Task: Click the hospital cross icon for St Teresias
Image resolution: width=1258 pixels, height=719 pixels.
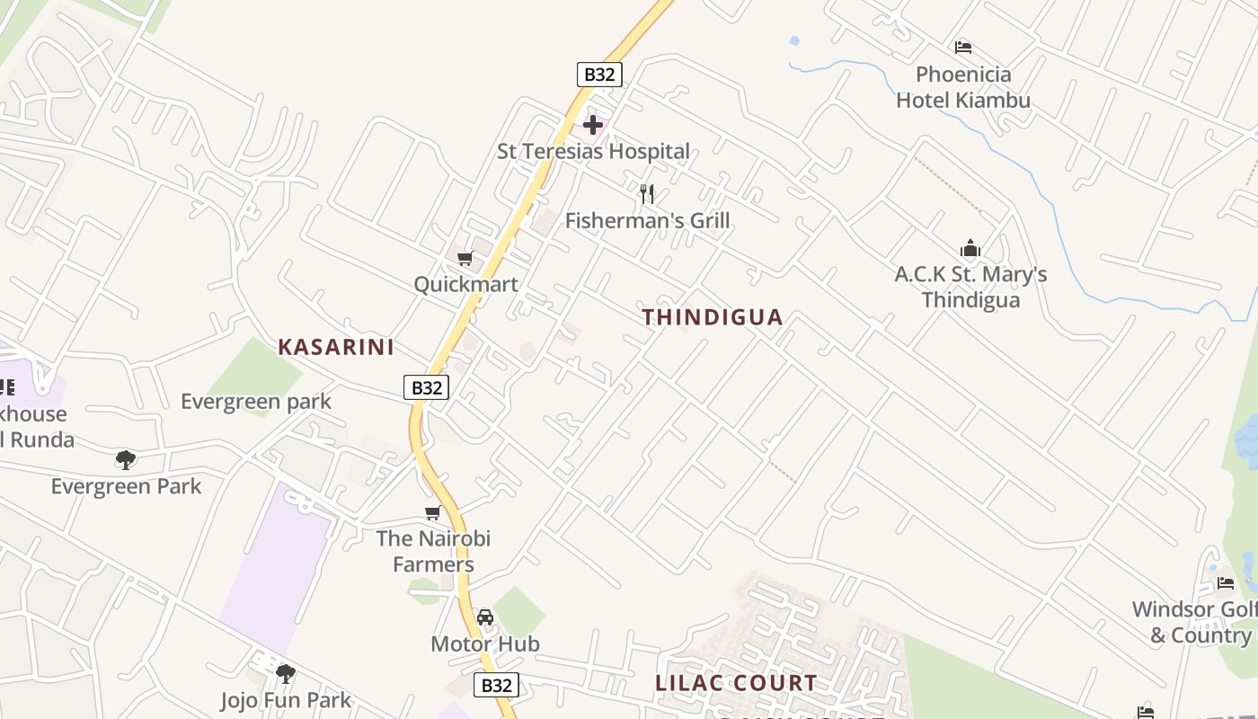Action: pyautogui.click(x=593, y=125)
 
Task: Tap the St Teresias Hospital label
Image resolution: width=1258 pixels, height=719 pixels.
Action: pyautogui.click(x=593, y=151)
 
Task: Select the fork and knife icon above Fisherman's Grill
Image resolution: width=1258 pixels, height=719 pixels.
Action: pyautogui.click(x=646, y=193)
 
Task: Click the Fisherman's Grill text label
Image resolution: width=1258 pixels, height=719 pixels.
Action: pyautogui.click(x=647, y=220)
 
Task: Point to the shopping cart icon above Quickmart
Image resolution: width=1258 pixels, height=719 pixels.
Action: pyautogui.click(x=465, y=259)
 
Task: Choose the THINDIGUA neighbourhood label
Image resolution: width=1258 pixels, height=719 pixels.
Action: pyautogui.click(x=713, y=317)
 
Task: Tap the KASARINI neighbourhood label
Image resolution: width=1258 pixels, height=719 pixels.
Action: pyautogui.click(x=336, y=348)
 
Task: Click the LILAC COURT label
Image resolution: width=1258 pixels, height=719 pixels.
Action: pyautogui.click(x=736, y=683)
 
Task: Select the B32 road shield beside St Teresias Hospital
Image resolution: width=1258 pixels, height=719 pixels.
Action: pyautogui.click(x=599, y=75)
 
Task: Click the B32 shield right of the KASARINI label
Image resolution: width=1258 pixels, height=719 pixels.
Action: pyautogui.click(x=426, y=387)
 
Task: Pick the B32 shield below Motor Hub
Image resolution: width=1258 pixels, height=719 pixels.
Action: pyautogui.click(x=497, y=685)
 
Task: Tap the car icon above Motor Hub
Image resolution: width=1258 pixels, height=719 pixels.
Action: pyautogui.click(x=485, y=617)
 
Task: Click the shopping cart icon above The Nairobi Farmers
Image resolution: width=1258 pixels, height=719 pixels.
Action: pyautogui.click(x=433, y=513)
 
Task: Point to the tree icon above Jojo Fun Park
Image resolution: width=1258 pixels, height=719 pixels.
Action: pyautogui.click(x=286, y=673)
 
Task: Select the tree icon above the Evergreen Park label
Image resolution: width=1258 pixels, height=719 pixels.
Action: pyautogui.click(x=126, y=460)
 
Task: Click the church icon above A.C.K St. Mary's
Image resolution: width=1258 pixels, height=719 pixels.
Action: pyautogui.click(x=970, y=249)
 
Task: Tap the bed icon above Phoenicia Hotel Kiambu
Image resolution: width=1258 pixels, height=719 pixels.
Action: pyautogui.click(x=963, y=48)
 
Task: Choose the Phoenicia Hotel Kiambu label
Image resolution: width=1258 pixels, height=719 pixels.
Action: pyautogui.click(x=963, y=87)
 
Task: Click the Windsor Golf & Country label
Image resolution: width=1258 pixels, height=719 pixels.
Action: pyautogui.click(x=1193, y=622)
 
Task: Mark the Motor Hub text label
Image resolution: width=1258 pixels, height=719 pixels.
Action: pyautogui.click(x=485, y=644)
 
